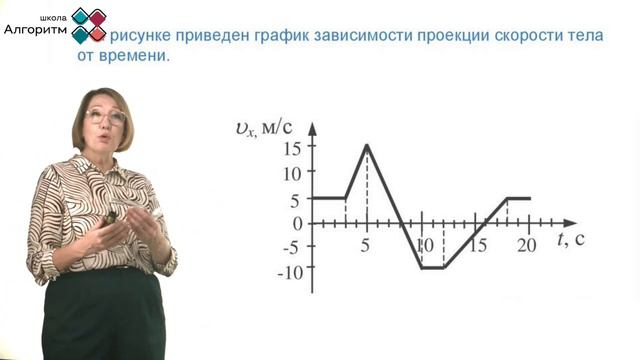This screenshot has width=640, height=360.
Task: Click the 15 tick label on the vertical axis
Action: (291, 149)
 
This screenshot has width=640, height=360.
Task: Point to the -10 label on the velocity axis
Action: (288, 271)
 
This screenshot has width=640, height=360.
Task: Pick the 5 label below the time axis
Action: (366, 243)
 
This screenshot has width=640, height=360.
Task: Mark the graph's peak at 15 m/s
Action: (367, 145)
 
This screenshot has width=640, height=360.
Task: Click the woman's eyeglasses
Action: (106, 117)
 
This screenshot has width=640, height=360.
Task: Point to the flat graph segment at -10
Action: (433, 268)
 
